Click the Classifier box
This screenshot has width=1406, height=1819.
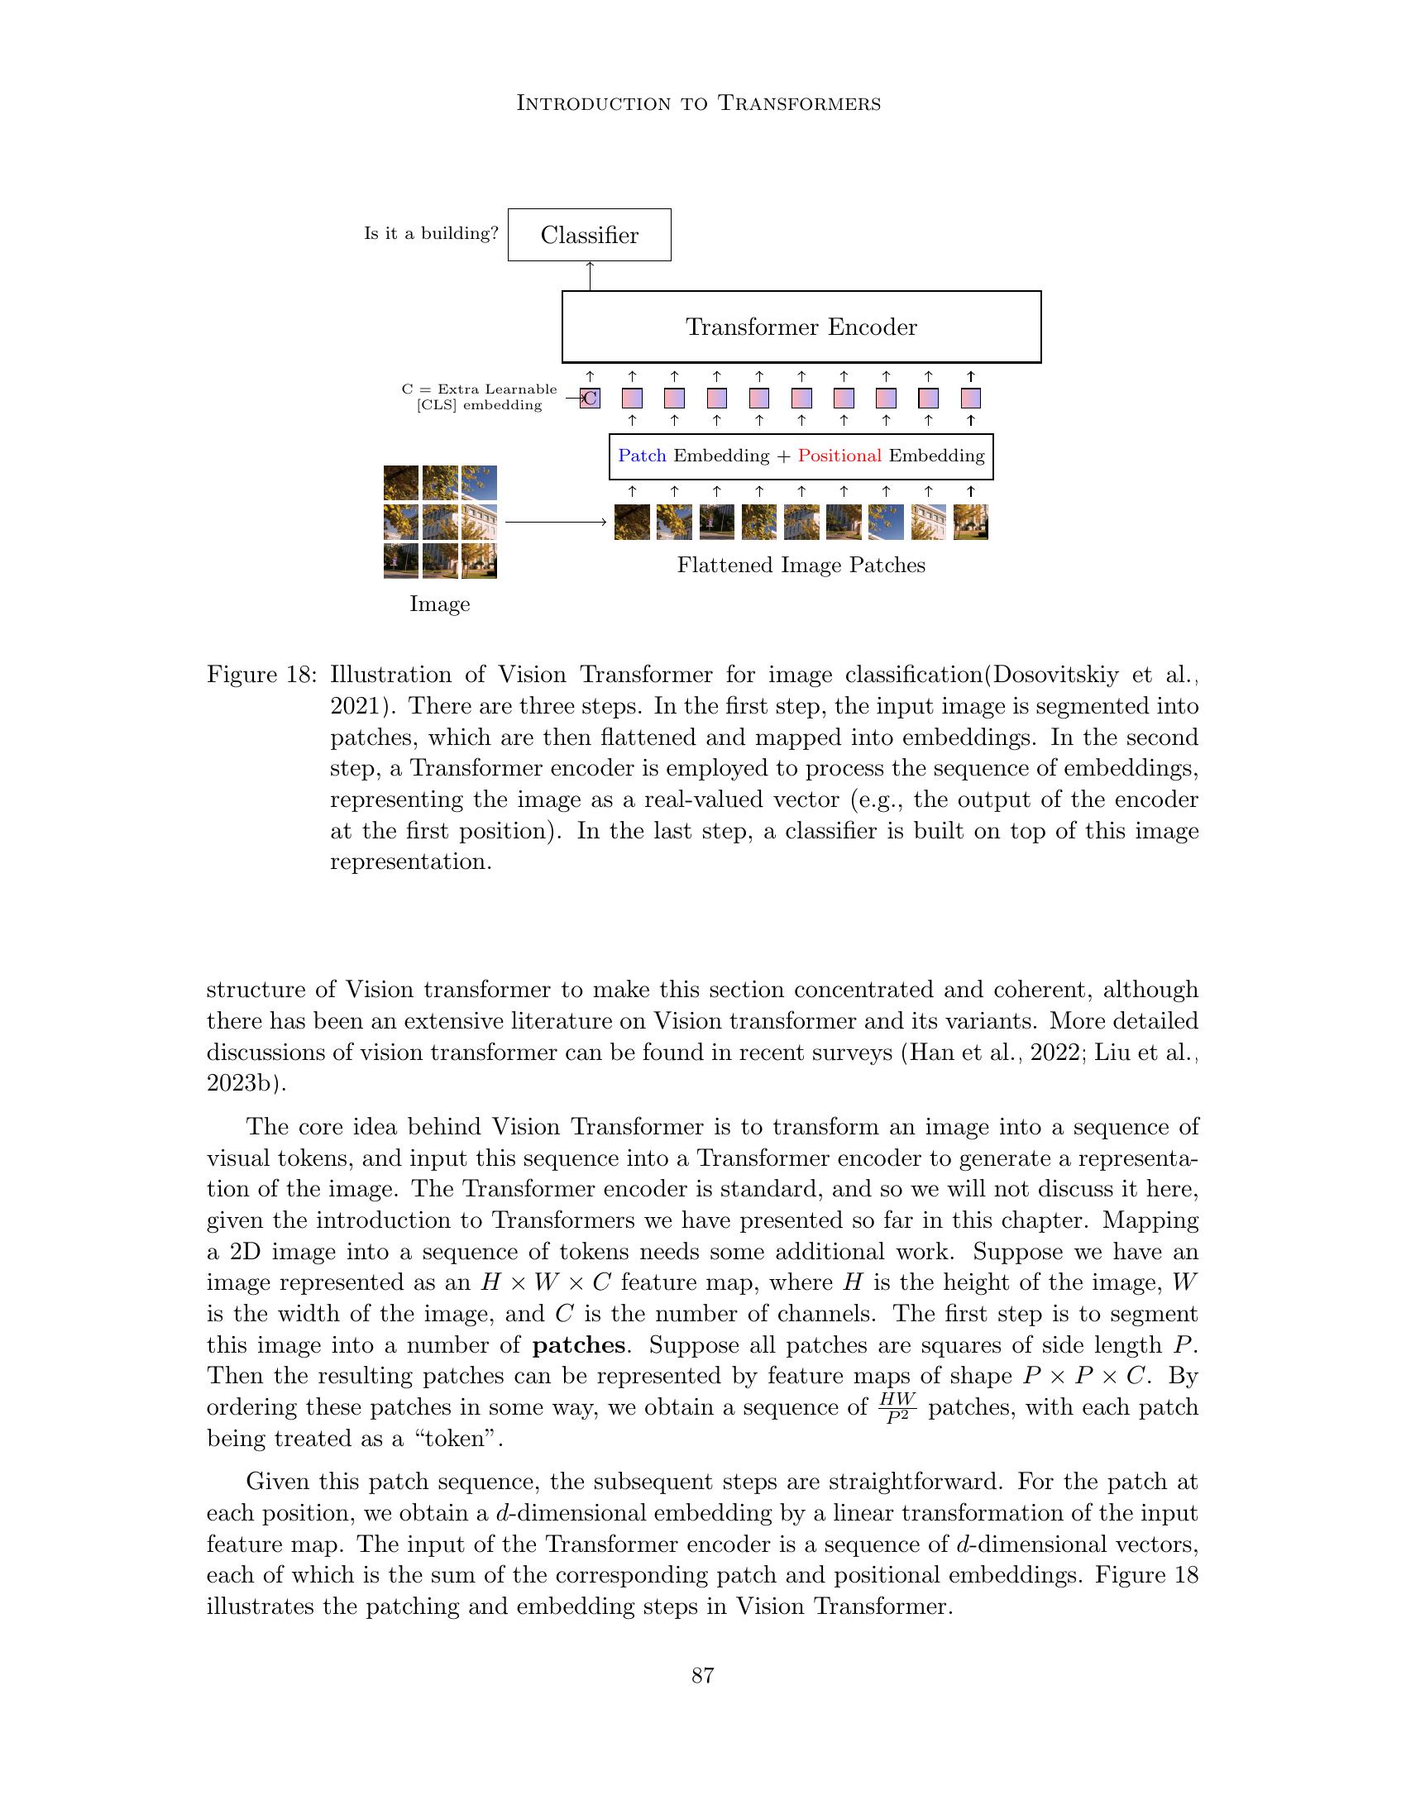coord(589,235)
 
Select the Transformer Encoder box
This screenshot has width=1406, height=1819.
coord(801,327)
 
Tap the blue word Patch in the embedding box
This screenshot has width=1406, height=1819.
coord(642,456)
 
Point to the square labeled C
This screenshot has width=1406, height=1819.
coord(590,399)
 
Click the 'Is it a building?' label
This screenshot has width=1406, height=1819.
coord(431,234)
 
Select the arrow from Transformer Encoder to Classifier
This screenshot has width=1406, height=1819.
coord(590,275)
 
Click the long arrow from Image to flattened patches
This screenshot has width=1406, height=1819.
coord(555,523)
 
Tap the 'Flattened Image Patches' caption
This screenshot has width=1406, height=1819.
coord(801,566)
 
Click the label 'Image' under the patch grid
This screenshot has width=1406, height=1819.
coord(440,604)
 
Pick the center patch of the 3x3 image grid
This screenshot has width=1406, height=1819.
coord(440,523)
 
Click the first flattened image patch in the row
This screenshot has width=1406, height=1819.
coord(631,523)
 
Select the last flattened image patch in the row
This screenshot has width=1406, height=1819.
coord(970,523)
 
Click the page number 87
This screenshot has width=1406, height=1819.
coord(703,1676)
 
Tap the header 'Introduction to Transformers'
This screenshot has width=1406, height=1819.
coord(699,103)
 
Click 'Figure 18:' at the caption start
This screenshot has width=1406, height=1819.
coord(261,675)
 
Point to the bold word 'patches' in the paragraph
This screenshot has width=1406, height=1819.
coord(578,1345)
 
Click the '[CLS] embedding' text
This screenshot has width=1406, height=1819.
coord(479,406)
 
